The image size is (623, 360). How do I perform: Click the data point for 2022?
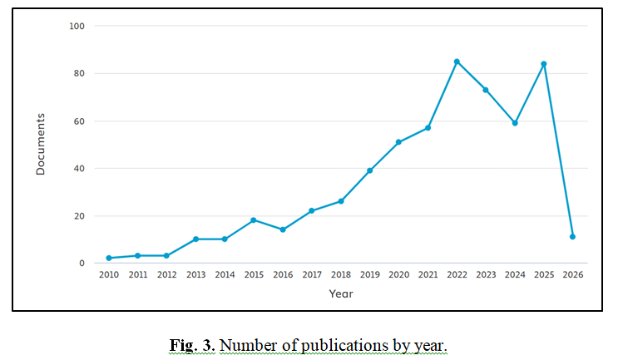coord(457,62)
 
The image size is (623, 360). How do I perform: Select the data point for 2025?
coord(543,64)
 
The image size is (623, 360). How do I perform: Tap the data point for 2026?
coord(572,237)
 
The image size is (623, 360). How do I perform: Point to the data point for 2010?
coord(109,259)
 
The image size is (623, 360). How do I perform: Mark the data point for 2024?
coord(515,123)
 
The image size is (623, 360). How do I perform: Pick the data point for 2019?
coord(369,170)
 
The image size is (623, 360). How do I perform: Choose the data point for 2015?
coord(254,220)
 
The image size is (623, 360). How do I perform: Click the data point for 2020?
coord(398,142)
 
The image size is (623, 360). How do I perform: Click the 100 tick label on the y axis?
coord(77,27)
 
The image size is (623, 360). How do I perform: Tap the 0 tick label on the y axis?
coord(82,264)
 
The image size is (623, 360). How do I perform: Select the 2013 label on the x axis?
coord(195,275)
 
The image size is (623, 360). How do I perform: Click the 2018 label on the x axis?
coord(340,275)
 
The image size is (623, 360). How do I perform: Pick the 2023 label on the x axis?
coord(486,275)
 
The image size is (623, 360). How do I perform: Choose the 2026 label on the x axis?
coord(572,275)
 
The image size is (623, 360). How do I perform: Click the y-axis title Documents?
coord(41,144)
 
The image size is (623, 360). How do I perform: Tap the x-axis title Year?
coord(340,293)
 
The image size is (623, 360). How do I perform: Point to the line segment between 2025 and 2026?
coord(558,150)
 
